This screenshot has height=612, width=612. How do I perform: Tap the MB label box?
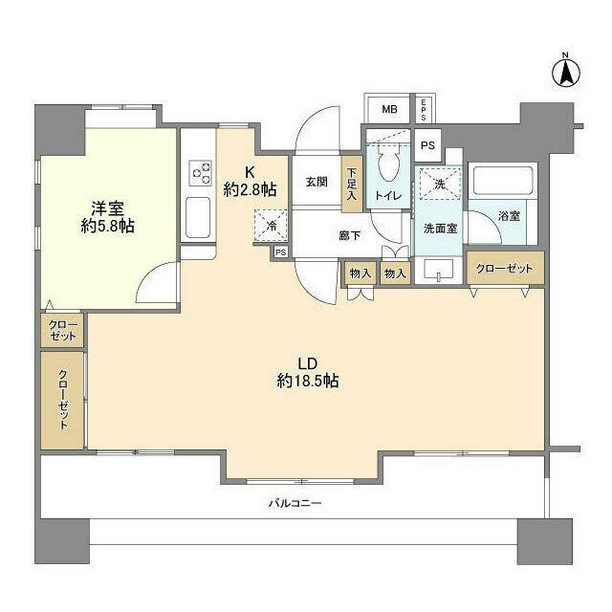(389, 109)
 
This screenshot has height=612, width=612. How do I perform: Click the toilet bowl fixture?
(388, 166)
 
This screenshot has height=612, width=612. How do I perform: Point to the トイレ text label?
(388, 196)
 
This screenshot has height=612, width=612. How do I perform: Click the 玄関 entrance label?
(317, 182)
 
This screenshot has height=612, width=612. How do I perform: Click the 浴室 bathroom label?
(508, 216)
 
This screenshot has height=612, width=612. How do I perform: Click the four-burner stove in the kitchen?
(202, 172)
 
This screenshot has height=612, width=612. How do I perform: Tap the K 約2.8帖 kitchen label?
(250, 182)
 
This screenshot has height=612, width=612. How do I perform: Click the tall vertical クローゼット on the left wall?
(63, 400)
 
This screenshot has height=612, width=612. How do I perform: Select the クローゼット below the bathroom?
(505, 269)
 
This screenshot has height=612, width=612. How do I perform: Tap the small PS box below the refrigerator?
(280, 252)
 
